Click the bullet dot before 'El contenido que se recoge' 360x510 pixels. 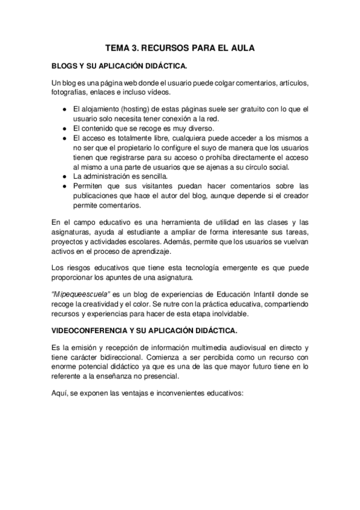point(64,129)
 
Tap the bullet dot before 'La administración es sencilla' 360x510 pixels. point(64,176)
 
